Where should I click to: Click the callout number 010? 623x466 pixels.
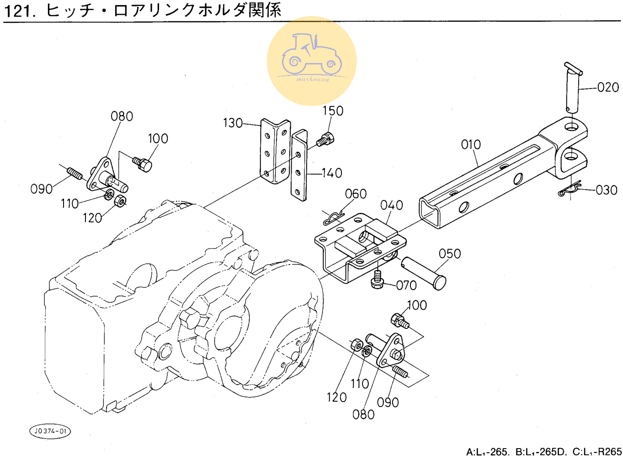(x=470, y=145)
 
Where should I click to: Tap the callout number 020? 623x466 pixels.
(x=608, y=87)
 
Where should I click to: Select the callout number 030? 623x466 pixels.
(x=606, y=190)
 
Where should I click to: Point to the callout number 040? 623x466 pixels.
(x=391, y=205)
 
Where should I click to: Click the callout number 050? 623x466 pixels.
(x=449, y=254)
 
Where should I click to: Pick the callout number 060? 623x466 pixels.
(x=356, y=194)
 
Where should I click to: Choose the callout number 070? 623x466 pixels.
(x=406, y=286)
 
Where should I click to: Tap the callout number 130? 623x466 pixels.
(x=233, y=123)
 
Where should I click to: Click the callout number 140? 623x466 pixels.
(x=332, y=173)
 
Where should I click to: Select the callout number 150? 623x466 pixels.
(x=333, y=111)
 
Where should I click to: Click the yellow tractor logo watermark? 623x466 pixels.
(x=312, y=61)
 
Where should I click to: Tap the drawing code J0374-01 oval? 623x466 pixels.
(x=50, y=431)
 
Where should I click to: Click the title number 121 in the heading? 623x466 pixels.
(x=19, y=11)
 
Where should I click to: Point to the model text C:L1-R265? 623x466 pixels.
(x=597, y=452)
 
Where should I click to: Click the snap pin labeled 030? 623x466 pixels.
(x=570, y=189)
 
